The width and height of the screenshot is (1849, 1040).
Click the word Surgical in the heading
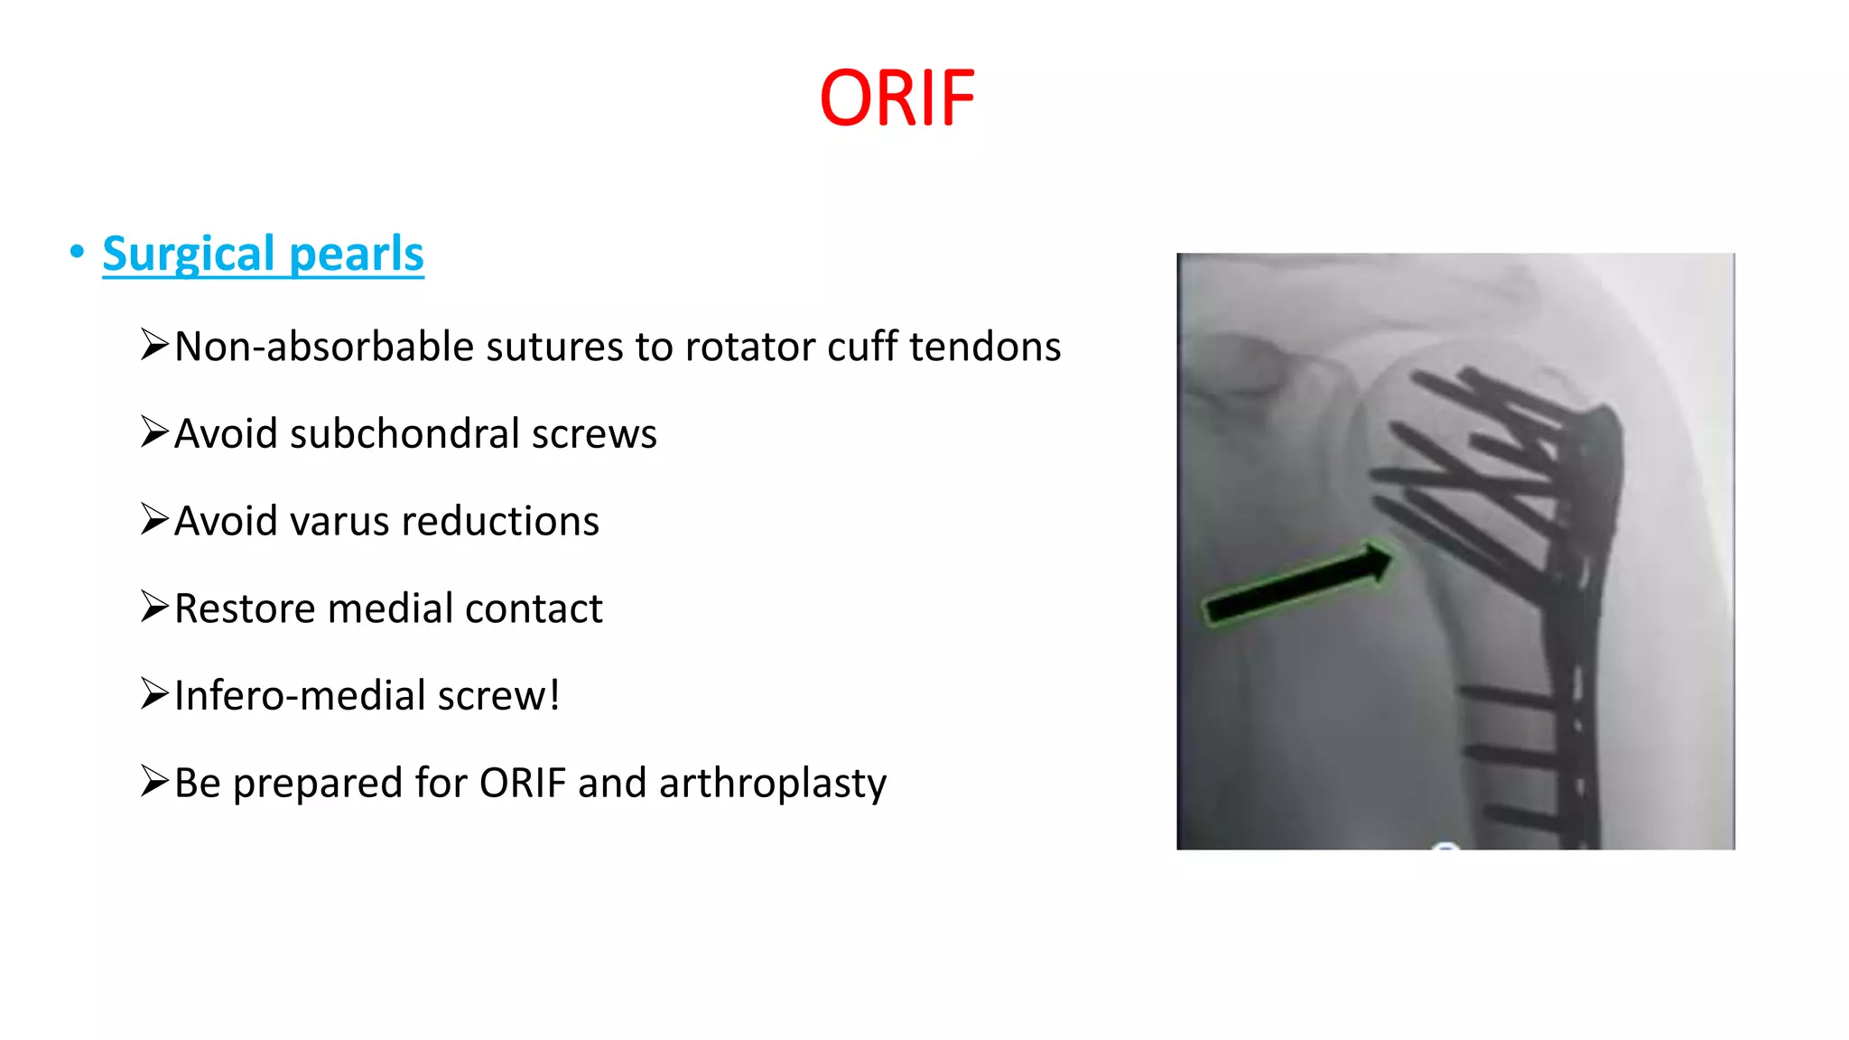click(x=188, y=254)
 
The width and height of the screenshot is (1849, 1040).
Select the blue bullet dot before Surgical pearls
click(x=77, y=251)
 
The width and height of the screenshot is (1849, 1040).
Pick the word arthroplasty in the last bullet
click(x=773, y=783)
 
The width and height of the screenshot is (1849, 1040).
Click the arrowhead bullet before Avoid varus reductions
click(x=154, y=519)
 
